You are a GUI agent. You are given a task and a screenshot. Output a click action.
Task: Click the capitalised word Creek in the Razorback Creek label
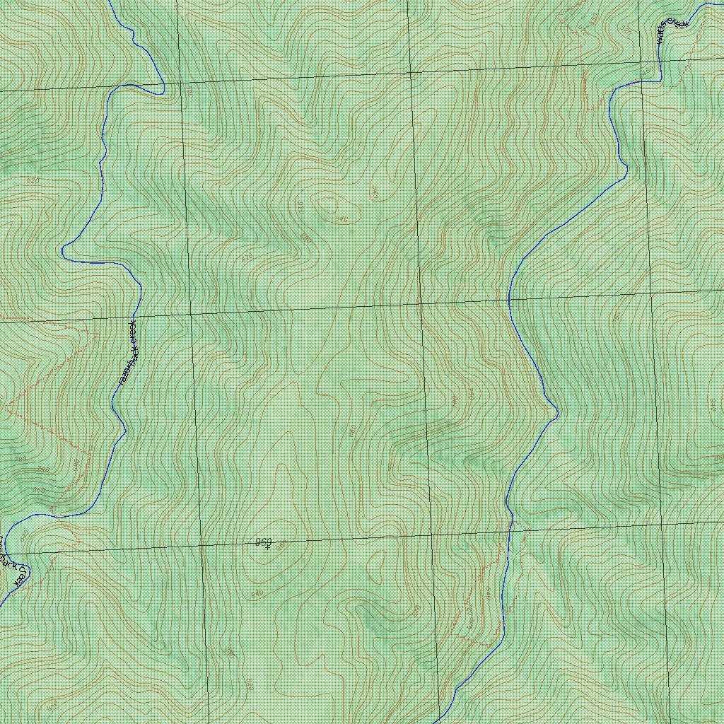(x=20, y=576)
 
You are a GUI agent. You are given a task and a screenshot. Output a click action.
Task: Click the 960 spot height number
(x=263, y=542)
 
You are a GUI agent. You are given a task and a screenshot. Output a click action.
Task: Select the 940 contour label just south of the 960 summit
(x=256, y=592)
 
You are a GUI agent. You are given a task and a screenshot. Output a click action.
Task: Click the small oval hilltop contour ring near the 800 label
(x=329, y=206)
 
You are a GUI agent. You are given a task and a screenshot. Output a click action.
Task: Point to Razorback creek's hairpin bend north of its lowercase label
(x=66, y=251)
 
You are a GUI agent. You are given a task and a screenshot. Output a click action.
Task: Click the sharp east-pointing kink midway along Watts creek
(x=556, y=411)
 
